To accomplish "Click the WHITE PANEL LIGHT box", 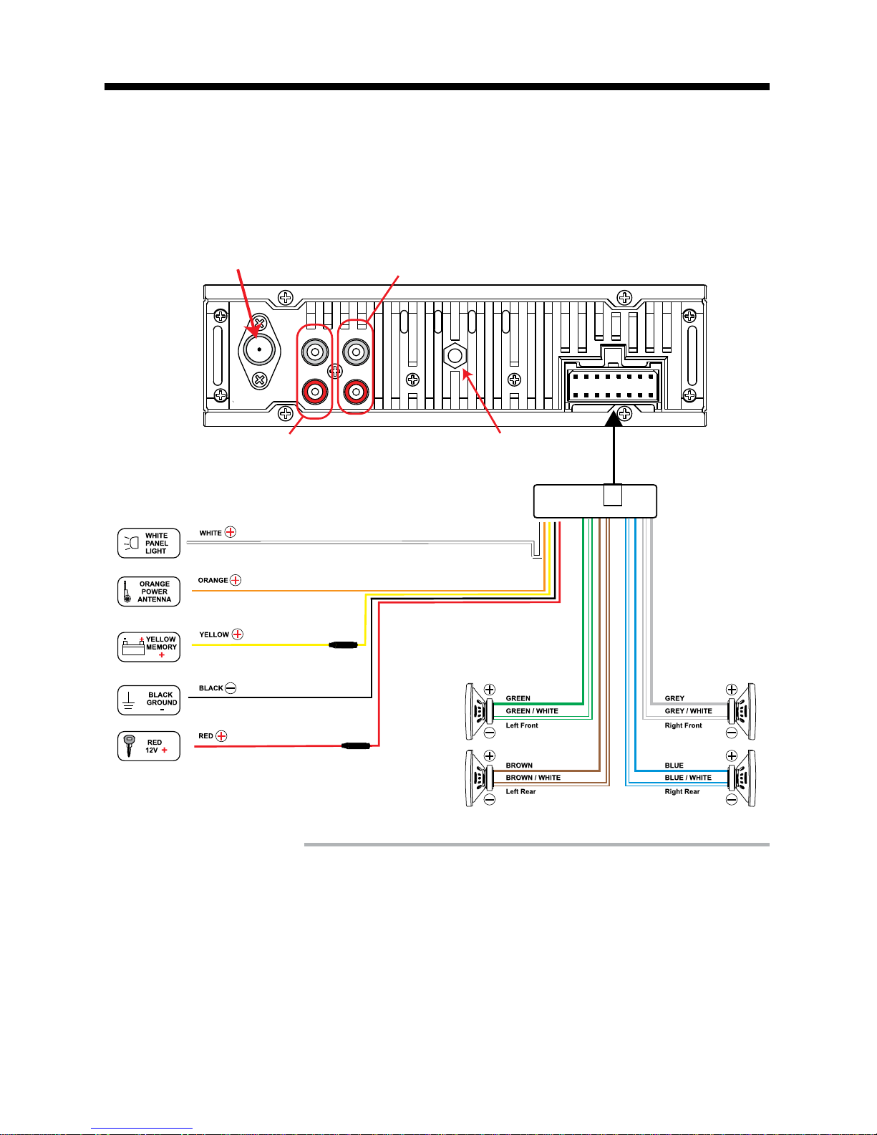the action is (x=149, y=544).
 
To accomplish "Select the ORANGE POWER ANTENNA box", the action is (x=149, y=591).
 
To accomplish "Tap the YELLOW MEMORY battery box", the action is (x=149, y=647).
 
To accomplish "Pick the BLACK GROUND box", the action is (x=149, y=700).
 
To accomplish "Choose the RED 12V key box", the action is (x=149, y=746).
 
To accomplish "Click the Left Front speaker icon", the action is (x=479, y=711).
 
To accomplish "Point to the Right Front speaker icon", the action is (x=742, y=711).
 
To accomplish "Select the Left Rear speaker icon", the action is (x=479, y=778).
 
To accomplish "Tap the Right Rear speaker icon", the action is (x=742, y=778).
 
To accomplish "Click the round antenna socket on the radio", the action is (x=259, y=349).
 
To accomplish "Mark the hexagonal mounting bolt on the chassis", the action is (x=455, y=356).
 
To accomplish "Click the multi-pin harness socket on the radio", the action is (x=613, y=385).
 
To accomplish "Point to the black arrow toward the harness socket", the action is (x=614, y=448).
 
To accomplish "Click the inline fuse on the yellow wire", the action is (x=343, y=645).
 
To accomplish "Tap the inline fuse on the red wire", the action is (x=356, y=746).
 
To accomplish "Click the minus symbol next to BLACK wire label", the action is (x=231, y=688).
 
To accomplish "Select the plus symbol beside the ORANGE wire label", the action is (x=236, y=580).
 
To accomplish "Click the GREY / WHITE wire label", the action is (x=688, y=711).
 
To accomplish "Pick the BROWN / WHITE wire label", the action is (x=533, y=777).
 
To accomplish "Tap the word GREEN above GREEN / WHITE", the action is (x=518, y=698).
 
